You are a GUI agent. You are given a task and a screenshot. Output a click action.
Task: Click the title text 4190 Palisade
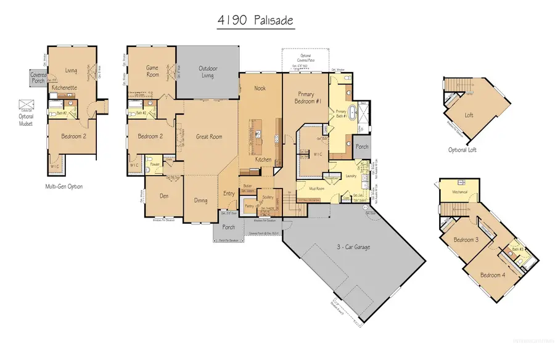tap(255, 20)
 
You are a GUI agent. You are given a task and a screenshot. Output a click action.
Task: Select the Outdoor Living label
tap(208, 72)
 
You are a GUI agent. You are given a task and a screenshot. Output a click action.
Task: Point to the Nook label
tap(260, 89)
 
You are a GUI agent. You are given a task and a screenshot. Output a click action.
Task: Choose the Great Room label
tap(208, 137)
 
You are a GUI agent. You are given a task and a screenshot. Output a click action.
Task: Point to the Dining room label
tap(200, 200)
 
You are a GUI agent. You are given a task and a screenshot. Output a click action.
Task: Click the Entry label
tap(229, 194)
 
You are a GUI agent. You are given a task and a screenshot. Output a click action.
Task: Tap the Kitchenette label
tap(65, 88)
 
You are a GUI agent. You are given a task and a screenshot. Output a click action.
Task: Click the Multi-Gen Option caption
tap(64, 186)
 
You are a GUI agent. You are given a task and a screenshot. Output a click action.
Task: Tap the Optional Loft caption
tap(462, 150)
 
